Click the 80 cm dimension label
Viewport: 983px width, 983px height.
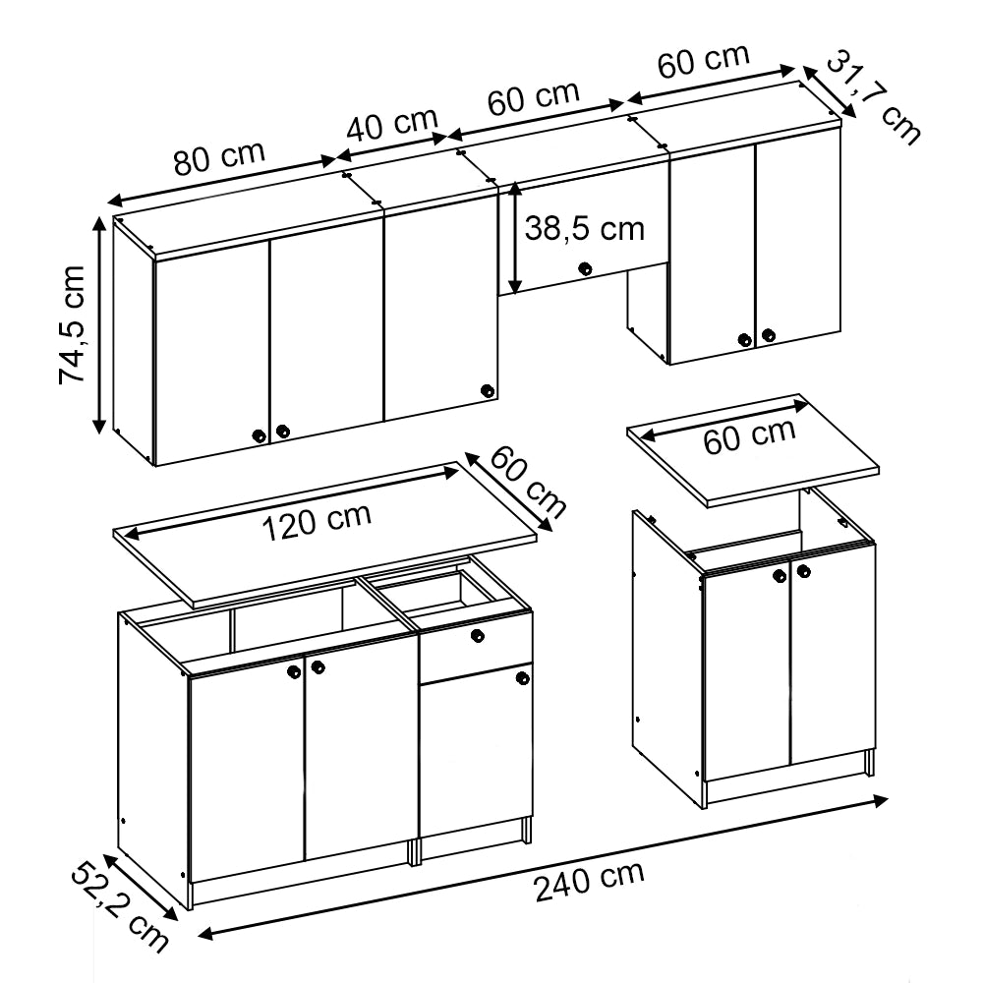(x=220, y=158)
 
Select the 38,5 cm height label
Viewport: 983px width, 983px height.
(x=584, y=228)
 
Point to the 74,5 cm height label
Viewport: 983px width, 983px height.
(x=72, y=324)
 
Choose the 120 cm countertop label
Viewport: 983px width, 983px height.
(x=317, y=521)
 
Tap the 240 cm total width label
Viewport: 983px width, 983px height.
(x=589, y=880)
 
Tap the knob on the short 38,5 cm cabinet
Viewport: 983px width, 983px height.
(x=585, y=269)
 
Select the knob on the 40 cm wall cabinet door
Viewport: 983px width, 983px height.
(x=488, y=391)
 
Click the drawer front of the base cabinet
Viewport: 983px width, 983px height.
(x=476, y=646)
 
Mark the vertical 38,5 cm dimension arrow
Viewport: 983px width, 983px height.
(x=515, y=238)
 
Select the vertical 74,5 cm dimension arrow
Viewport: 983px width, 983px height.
(x=99, y=324)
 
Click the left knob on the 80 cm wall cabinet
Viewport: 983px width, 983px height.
(x=259, y=435)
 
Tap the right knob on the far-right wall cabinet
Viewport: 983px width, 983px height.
(x=769, y=335)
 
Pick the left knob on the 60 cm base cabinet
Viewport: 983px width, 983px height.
(x=780, y=575)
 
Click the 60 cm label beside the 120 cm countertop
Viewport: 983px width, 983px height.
(x=527, y=482)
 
